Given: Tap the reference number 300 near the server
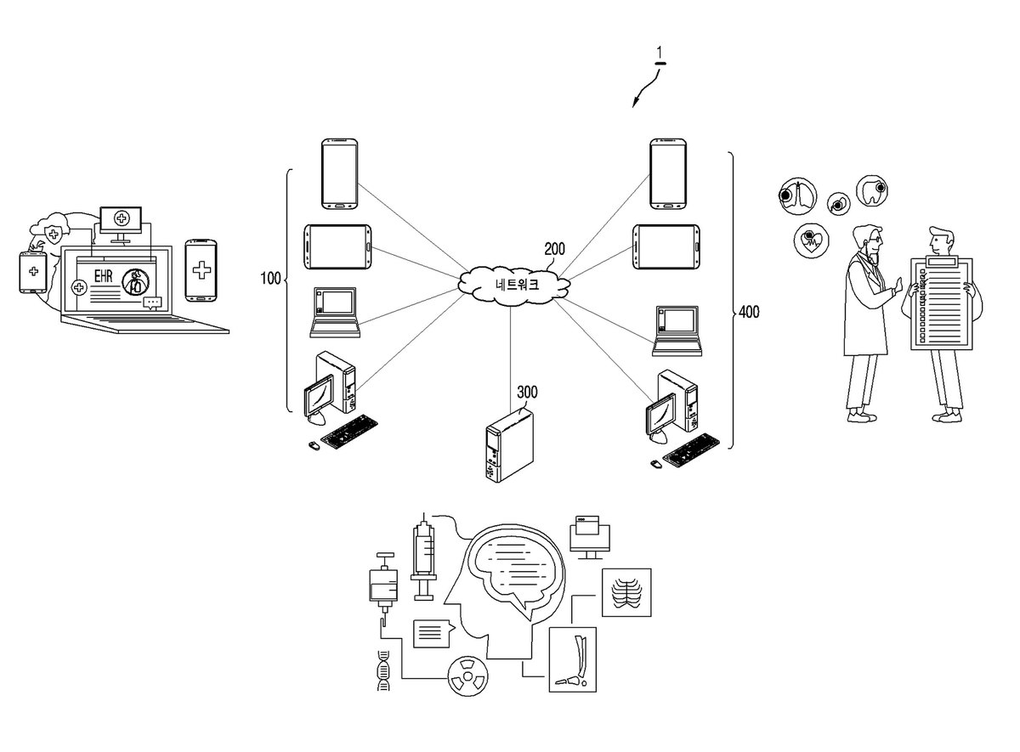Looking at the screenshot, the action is tap(527, 392).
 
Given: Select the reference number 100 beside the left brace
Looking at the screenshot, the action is tap(270, 278).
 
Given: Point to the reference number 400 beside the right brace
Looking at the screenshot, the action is tap(749, 312).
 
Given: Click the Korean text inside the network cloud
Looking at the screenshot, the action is tap(518, 285).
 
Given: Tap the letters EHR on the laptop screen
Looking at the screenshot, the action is tap(103, 275).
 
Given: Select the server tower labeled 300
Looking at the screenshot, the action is tap(509, 444).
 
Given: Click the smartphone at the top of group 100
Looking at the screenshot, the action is tap(340, 174).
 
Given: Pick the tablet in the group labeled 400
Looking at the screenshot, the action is tap(666, 246).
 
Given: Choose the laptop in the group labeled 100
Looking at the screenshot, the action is tap(335, 313).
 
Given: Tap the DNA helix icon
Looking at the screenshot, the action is tap(384, 670).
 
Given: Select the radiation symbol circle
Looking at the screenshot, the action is tap(467, 676).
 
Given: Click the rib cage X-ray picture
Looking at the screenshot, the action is tap(626, 593).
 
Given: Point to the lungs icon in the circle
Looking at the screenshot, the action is tap(797, 195).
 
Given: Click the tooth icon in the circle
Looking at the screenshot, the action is tap(873, 190).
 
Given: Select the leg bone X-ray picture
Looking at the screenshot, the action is tap(572, 659).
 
